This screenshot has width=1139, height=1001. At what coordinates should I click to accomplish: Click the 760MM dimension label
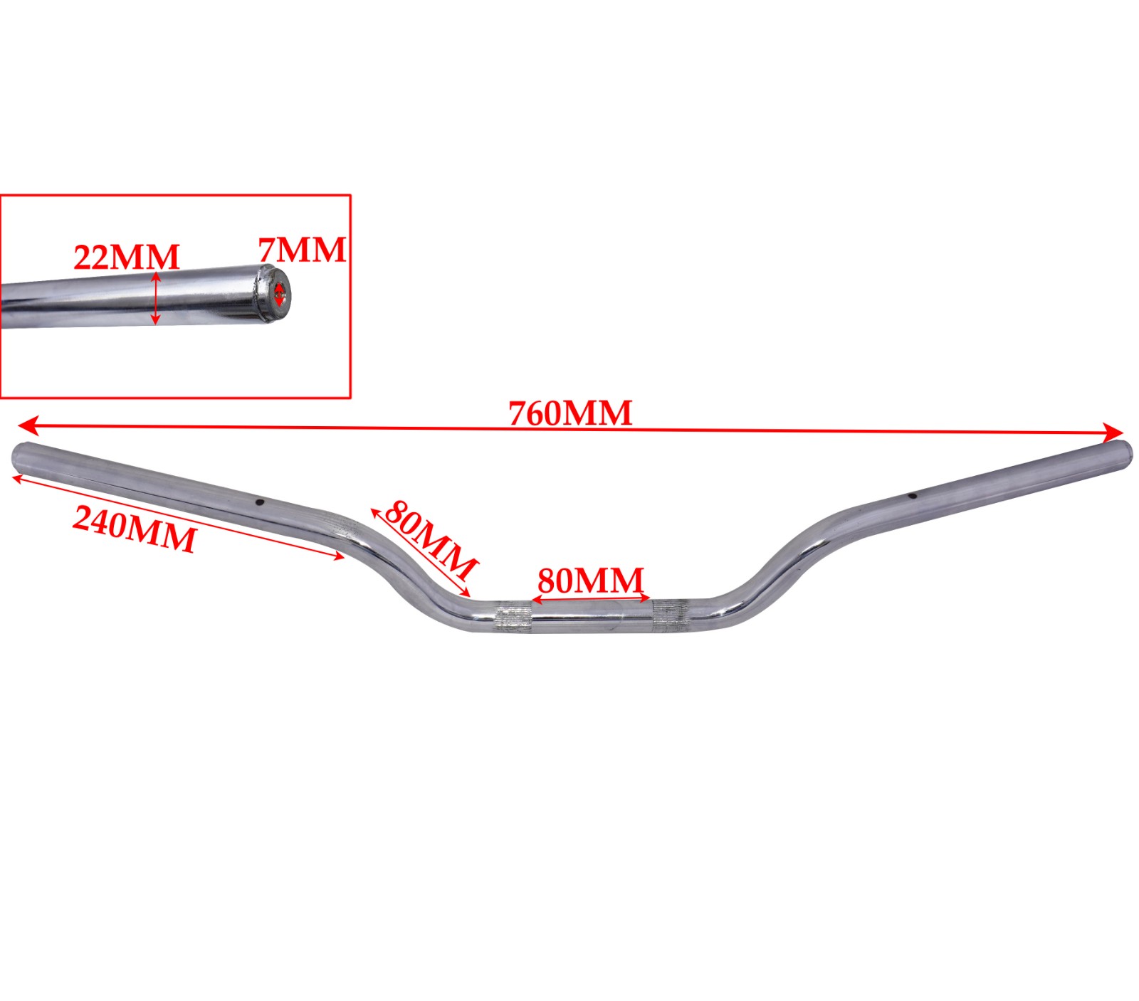[570, 413]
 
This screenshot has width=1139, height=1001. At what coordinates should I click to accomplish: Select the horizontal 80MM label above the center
[590, 581]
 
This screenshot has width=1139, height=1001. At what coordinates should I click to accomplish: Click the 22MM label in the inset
[127, 257]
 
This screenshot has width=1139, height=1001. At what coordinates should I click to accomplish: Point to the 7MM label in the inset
[302, 250]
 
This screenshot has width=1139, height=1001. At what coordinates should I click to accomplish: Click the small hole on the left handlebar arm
[260, 503]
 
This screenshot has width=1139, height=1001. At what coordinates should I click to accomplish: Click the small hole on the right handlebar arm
[911, 497]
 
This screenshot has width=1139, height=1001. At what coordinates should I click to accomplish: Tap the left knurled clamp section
[513, 616]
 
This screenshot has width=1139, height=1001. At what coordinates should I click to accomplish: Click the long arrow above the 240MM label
[178, 518]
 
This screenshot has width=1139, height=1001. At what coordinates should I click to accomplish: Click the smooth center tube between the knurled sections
[592, 616]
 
